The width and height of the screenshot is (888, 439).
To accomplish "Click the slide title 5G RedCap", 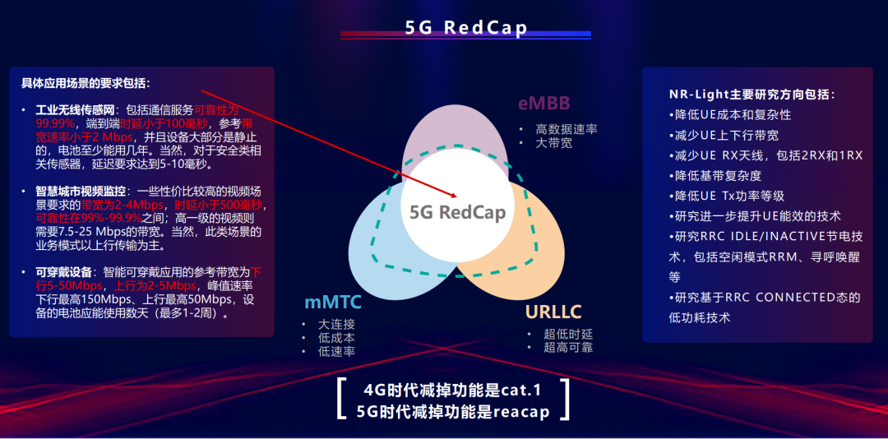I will click(x=466, y=27).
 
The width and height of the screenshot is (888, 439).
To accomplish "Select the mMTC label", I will click(x=333, y=303).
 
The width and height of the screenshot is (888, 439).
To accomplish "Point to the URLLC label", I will click(x=553, y=312).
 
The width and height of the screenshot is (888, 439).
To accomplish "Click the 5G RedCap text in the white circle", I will click(x=458, y=212).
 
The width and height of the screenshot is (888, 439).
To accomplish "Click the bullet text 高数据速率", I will click(x=567, y=129).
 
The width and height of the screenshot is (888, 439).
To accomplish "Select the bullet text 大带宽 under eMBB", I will click(x=554, y=143).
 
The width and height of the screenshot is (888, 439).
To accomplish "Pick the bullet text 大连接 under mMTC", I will click(x=337, y=324).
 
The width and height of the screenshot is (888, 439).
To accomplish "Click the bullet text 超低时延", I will click(x=568, y=334).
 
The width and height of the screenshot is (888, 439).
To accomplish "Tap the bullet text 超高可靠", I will click(x=568, y=347).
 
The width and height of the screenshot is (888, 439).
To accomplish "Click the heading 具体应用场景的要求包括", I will click(x=86, y=84).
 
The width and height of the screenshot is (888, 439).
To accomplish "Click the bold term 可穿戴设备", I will click(x=63, y=272).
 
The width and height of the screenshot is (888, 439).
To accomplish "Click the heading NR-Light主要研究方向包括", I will click(x=752, y=95).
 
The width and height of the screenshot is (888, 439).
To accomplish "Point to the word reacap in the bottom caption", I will click(x=521, y=411).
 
